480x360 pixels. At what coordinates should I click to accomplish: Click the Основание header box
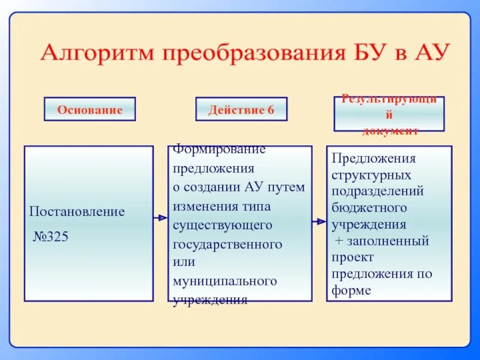click(90, 110)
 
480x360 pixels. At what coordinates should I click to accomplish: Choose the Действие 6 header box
click(241, 110)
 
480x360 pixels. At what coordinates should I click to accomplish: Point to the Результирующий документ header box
click(389, 114)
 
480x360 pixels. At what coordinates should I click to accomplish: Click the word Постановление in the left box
click(77, 212)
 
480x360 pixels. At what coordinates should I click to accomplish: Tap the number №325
click(50, 236)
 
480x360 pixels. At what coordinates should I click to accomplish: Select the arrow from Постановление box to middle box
click(160, 218)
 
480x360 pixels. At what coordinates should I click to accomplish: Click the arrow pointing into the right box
click(319, 221)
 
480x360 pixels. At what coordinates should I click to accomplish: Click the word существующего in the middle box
click(223, 226)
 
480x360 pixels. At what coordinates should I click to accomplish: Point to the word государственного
click(227, 245)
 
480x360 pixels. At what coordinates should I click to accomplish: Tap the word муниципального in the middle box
click(224, 281)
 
